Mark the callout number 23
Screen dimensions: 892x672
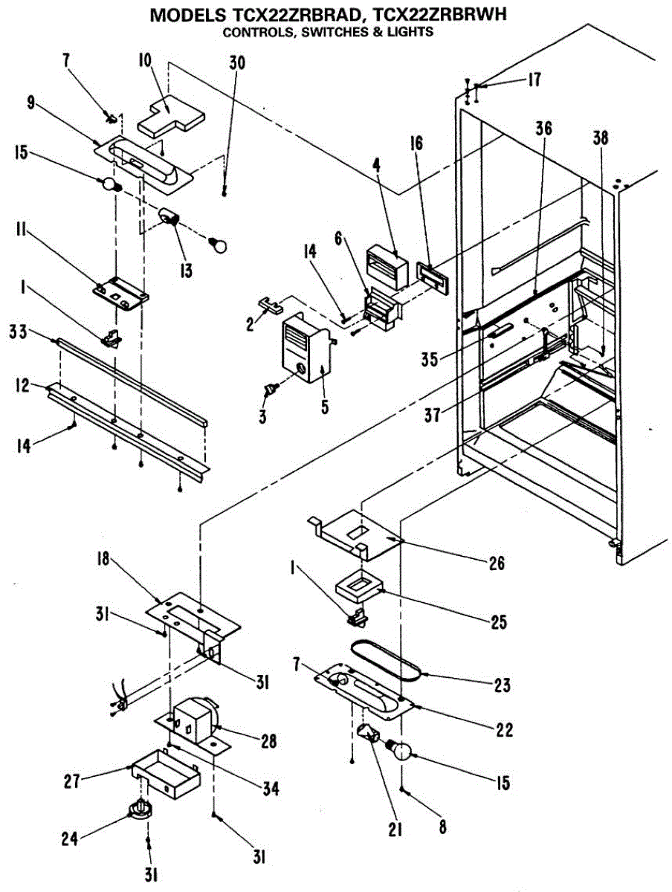point(503,685)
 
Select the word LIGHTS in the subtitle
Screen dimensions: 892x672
point(412,32)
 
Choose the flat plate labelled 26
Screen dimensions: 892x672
point(357,534)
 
